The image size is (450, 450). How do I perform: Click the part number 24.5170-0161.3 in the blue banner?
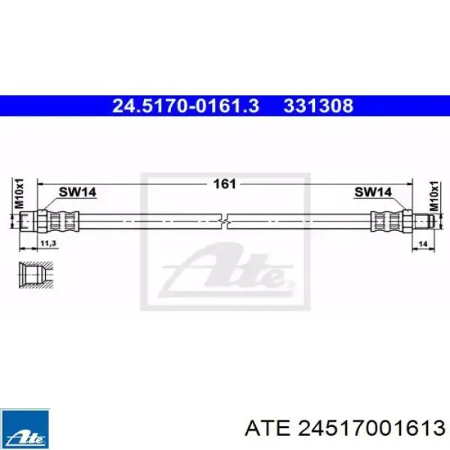[186, 106]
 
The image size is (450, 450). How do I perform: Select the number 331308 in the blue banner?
[318, 106]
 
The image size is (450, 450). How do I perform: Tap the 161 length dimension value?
[225, 184]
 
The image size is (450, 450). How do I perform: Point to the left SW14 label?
[77, 192]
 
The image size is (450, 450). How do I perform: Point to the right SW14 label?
[373, 192]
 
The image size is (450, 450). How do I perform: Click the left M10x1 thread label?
[19, 193]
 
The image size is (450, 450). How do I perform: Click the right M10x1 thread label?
[434, 196]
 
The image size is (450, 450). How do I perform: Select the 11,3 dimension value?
[48, 244]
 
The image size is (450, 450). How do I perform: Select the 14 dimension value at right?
[423, 244]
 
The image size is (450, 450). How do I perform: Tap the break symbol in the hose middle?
[224, 221]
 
